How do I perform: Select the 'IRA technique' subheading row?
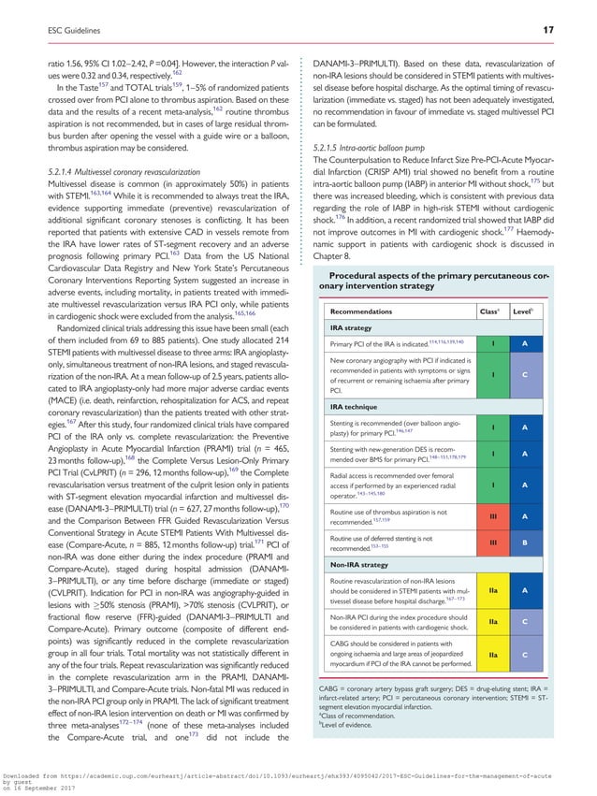(354, 409)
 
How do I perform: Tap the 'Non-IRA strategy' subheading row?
(360, 565)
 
